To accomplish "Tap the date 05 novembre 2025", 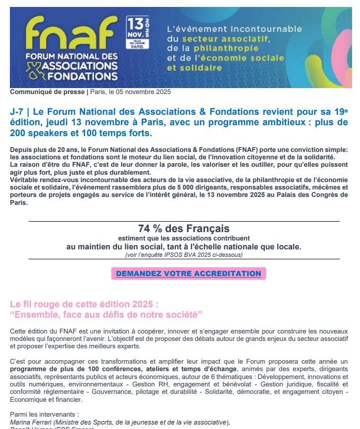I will [x=143, y=92].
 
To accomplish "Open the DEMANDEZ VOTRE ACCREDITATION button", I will [x=188, y=274].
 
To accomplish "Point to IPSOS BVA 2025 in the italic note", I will [x=193, y=255].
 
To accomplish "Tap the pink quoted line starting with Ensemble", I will [x=106, y=314].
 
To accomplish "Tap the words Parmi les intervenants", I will [x=44, y=415].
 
